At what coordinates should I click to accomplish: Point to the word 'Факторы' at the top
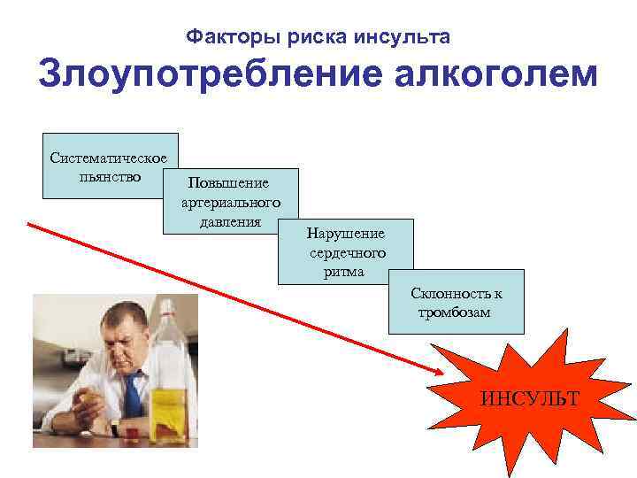(x=224, y=37)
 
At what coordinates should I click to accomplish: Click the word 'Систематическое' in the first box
(x=110, y=158)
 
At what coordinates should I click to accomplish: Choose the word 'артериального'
(x=230, y=204)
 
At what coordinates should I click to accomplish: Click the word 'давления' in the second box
(x=230, y=221)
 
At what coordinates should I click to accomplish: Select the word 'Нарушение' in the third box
(x=345, y=235)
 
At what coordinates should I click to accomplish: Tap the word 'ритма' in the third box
(x=344, y=272)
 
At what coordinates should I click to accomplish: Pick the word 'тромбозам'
(x=454, y=312)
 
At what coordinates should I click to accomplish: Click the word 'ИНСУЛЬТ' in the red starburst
(x=530, y=398)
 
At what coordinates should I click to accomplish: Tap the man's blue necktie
(x=133, y=393)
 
